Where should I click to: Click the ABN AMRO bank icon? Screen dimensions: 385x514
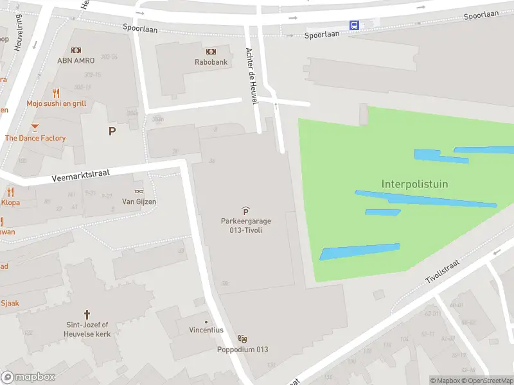coord(76,50)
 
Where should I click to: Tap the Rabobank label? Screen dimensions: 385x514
coord(211,62)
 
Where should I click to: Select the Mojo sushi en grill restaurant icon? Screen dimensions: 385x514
coord(57,93)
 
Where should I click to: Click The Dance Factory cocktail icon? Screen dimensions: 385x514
coord(35,128)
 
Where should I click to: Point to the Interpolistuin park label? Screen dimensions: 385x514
coord(414,184)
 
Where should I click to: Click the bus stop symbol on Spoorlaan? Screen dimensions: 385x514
coord(354,25)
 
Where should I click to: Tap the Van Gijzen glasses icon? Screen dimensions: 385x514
coord(139,191)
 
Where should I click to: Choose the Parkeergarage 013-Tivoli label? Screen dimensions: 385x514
coord(246,225)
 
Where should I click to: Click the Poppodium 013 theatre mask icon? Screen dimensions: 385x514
coord(242,339)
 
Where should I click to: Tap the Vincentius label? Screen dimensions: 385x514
coord(206,330)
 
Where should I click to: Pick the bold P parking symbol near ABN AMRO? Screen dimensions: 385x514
coord(112,131)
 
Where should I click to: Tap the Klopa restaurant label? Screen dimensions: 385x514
coord(10,202)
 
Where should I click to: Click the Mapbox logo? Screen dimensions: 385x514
coord(28,377)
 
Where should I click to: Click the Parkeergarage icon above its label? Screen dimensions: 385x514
coord(246,210)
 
